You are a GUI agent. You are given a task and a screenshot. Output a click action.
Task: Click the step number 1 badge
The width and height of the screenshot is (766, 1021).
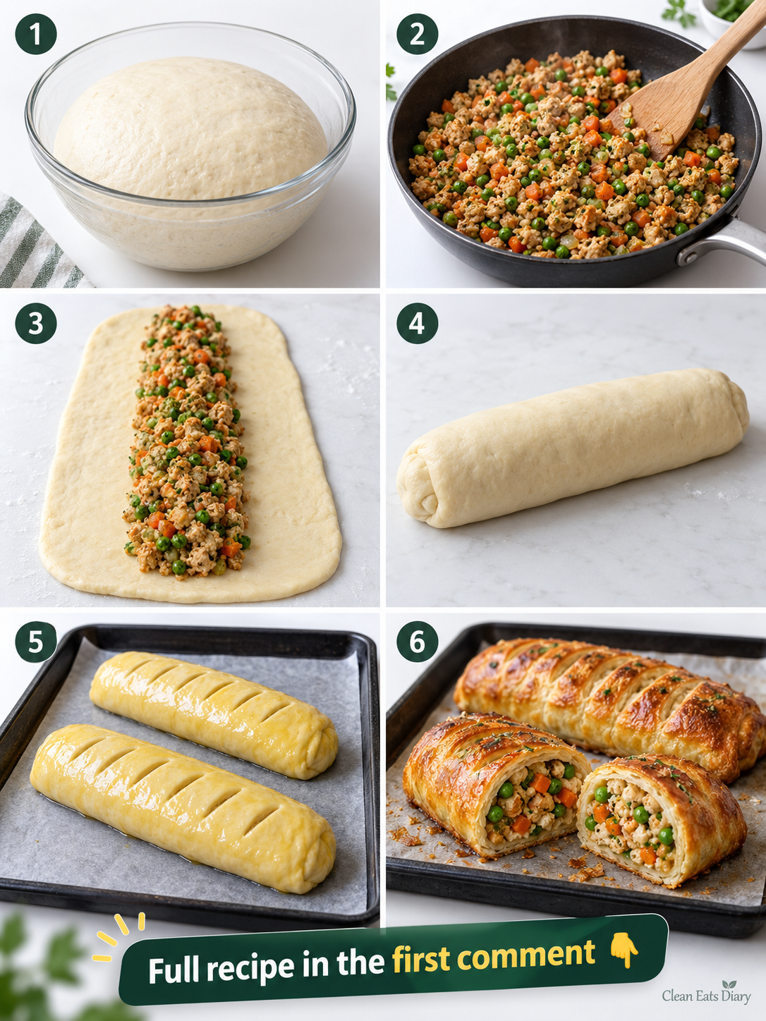point(36,33)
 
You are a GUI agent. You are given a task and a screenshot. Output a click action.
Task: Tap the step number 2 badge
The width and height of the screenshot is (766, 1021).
point(417,33)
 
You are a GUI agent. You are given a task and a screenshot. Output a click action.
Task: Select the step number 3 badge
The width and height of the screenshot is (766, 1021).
point(36,323)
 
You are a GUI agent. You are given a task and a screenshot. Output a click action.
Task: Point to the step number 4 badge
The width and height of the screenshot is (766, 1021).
point(417,323)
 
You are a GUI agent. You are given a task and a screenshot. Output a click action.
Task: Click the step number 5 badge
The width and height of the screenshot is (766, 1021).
point(36,642)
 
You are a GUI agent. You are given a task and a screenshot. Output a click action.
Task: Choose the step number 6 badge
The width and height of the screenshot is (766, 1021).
point(417,642)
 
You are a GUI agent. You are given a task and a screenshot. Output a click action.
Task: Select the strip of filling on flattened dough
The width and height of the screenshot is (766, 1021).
point(187,442)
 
